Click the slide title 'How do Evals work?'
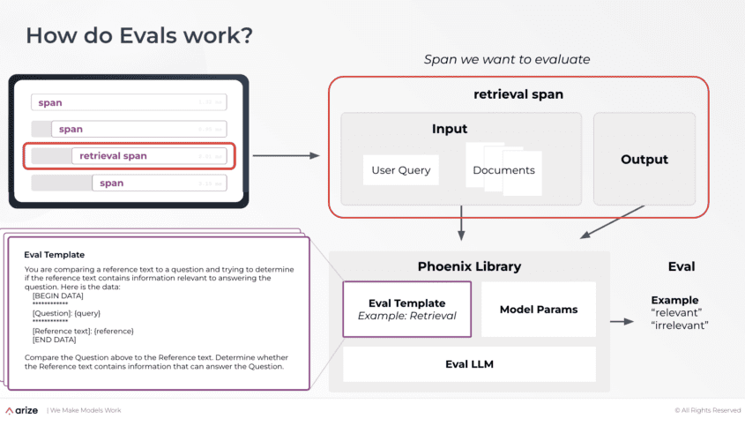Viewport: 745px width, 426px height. pyautogui.click(x=139, y=36)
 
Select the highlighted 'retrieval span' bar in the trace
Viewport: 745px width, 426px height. pyautogui.click(x=130, y=156)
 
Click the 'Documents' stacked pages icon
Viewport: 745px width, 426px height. pyautogui.click(x=503, y=169)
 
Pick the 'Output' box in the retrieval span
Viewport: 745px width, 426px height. pyautogui.click(x=644, y=160)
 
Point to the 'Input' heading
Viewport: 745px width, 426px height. pyautogui.click(x=450, y=130)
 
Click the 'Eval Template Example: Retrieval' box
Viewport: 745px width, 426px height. pyautogui.click(x=406, y=310)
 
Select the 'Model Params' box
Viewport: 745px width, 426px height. pyautogui.click(x=539, y=310)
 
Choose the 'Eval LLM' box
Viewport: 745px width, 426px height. pyautogui.click(x=469, y=364)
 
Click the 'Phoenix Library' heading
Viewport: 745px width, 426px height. pyautogui.click(x=469, y=266)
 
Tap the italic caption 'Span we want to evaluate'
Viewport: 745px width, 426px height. pyautogui.click(x=507, y=60)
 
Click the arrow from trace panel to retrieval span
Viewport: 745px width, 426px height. pyautogui.click(x=286, y=156)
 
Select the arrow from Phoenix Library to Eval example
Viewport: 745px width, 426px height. pyautogui.click(x=622, y=321)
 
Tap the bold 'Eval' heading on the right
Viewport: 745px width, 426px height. pyautogui.click(x=682, y=266)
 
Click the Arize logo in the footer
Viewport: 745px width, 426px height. pyautogui.click(x=21, y=410)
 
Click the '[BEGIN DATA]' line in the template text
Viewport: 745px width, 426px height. pyautogui.click(x=57, y=295)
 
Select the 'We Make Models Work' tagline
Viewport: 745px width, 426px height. pyautogui.click(x=86, y=410)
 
